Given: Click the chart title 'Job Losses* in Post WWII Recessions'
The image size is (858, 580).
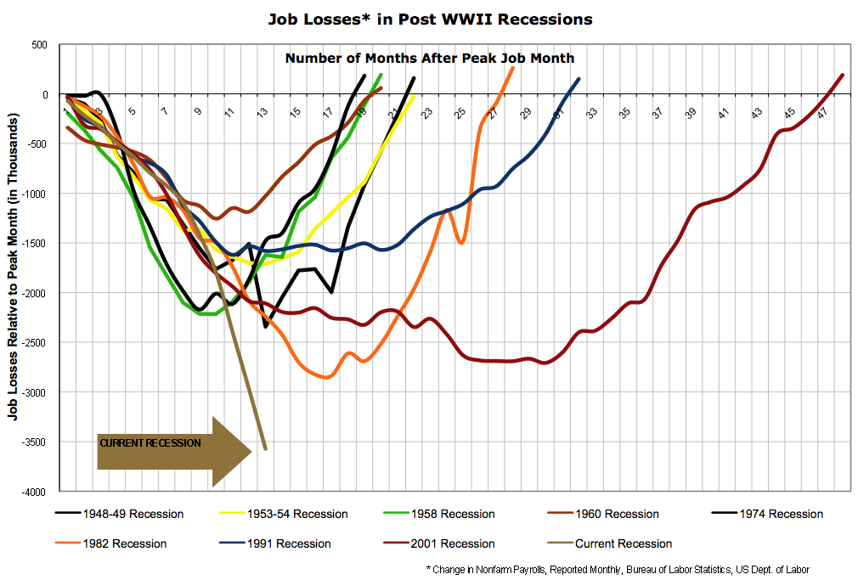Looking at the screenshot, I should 429,18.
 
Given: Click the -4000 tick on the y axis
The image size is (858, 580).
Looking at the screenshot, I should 40,492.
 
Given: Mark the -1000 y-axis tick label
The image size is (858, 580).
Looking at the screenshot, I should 40,194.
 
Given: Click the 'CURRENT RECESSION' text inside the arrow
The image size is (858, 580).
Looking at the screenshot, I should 150,443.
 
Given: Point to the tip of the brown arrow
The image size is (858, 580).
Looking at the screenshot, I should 251,451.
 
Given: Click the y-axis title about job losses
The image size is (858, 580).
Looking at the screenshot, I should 14,267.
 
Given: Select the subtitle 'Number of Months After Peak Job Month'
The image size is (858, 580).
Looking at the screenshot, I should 429,59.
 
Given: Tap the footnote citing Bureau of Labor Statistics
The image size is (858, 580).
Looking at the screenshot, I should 618,569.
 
